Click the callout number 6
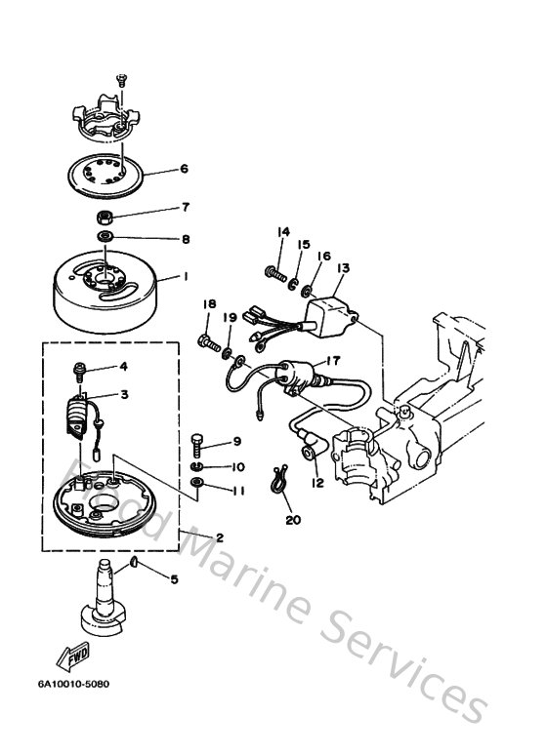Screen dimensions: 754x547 183,168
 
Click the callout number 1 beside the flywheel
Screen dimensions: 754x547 184,276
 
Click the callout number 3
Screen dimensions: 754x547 125,393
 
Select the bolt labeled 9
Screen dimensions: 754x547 198,445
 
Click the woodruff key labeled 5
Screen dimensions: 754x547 133,565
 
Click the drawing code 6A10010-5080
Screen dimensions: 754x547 74,683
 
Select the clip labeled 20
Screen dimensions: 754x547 283,482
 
